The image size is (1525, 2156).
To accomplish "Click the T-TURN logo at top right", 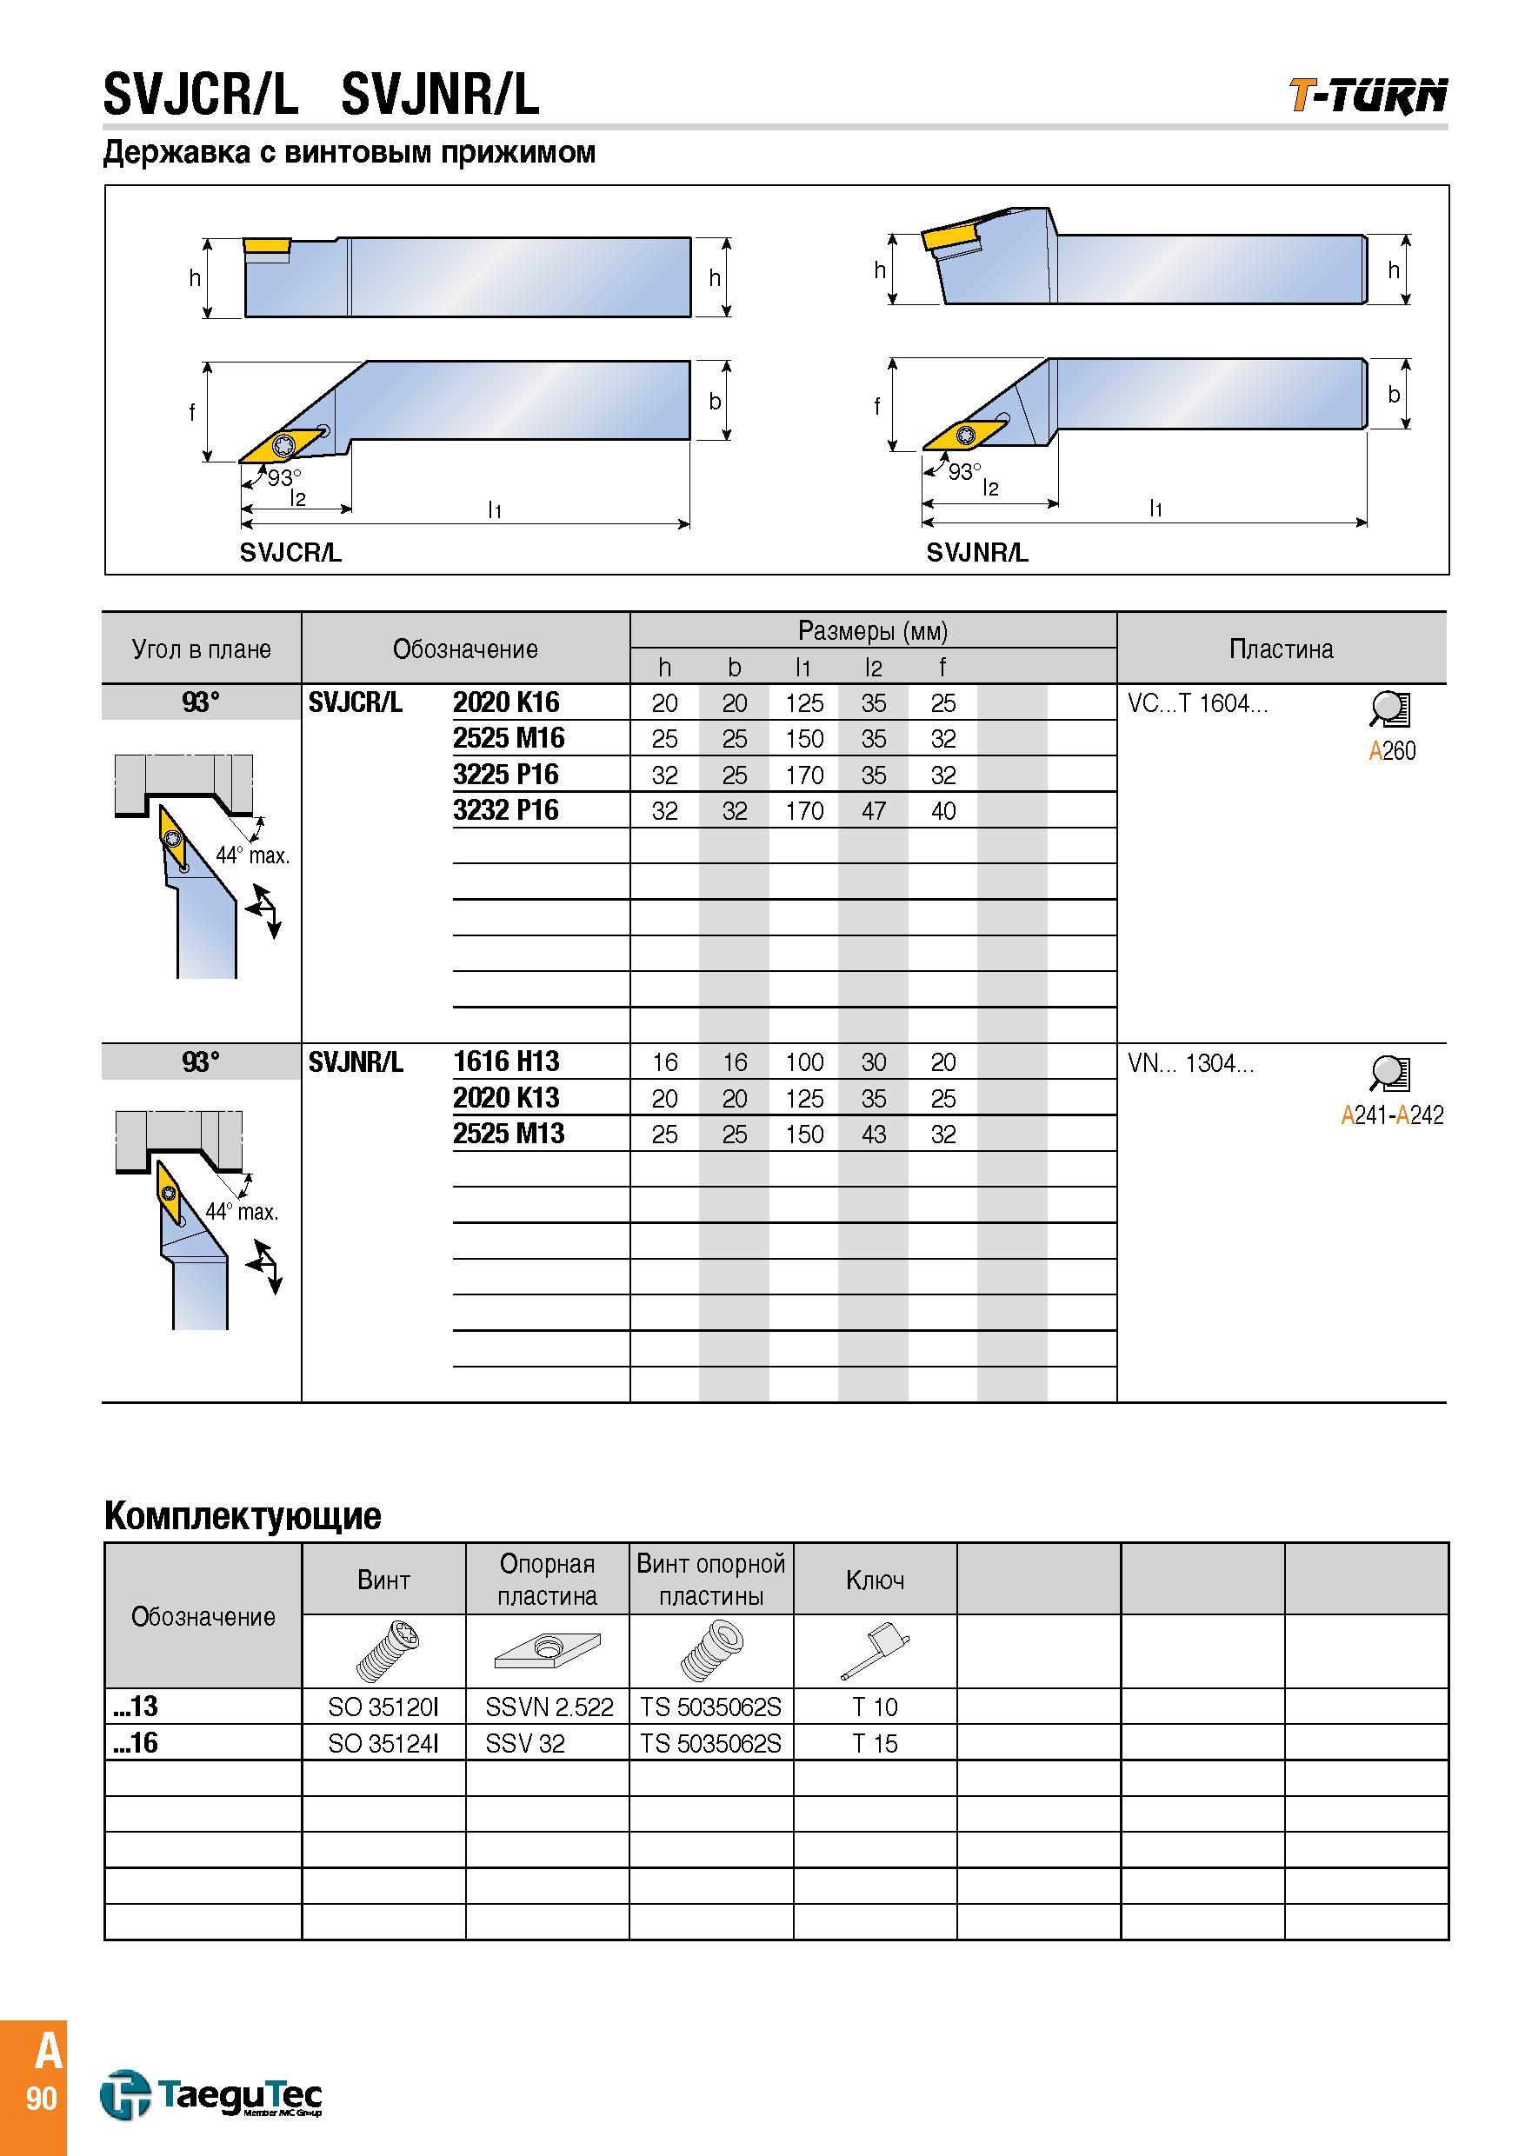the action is (x=1368, y=96).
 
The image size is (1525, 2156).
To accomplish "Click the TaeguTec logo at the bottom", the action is (x=211, y=2094).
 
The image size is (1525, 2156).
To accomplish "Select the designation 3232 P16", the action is (x=505, y=809).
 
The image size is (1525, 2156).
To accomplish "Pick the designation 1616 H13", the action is (x=506, y=1061).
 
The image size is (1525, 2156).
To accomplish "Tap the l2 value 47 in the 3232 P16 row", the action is (x=873, y=810).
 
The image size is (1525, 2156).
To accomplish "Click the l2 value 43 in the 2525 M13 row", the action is (x=873, y=1134).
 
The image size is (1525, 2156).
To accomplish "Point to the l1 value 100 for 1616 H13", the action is (x=805, y=1062).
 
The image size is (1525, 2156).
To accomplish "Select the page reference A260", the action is (x=1392, y=750).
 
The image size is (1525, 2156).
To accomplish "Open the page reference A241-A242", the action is (x=1392, y=1115).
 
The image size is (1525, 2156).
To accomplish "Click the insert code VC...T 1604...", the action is (x=1197, y=703).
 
